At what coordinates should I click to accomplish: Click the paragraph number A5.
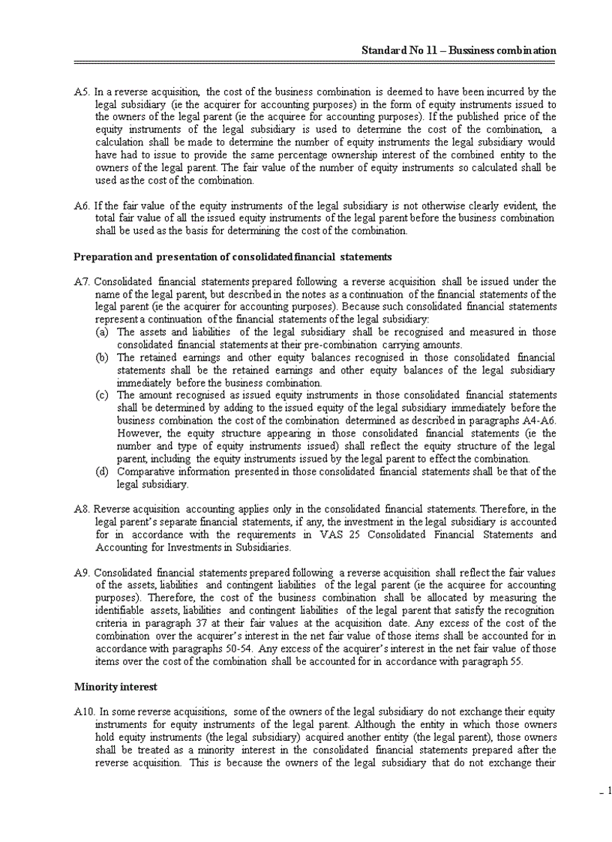82,91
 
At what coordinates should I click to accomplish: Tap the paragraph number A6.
82,205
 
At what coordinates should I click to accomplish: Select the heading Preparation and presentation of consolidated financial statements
232,256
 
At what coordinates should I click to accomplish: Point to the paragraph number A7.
82,281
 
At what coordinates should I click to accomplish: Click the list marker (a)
103,331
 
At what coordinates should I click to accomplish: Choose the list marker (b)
103,358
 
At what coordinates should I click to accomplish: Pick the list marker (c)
103,395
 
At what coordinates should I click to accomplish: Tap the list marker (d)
103,472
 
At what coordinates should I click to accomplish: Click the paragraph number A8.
82,508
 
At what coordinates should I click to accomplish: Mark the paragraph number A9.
82,572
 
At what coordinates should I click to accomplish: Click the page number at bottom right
608,790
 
